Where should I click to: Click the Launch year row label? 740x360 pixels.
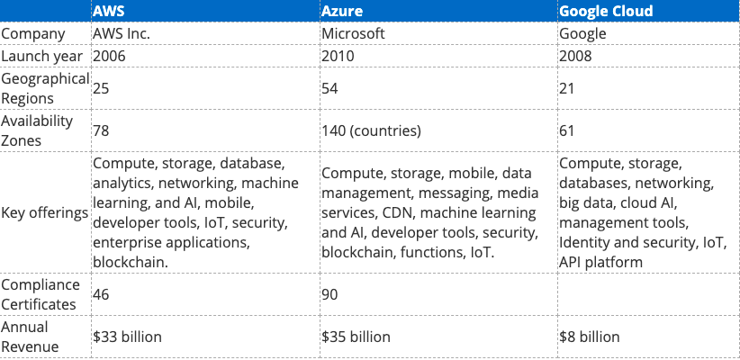(42, 56)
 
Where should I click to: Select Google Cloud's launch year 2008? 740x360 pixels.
(575, 56)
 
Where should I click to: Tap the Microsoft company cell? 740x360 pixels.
(353, 34)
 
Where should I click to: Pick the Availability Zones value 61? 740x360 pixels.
(567, 131)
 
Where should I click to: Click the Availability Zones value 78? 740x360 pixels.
(101, 131)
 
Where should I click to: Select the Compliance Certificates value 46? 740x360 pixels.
(102, 293)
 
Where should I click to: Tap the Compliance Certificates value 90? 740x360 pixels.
(330, 293)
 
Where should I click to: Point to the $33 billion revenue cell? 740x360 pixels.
(127, 337)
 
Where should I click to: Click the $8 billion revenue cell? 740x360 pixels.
(589, 337)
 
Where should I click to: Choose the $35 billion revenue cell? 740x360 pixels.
(356, 337)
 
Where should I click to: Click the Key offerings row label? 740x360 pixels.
(44, 213)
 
